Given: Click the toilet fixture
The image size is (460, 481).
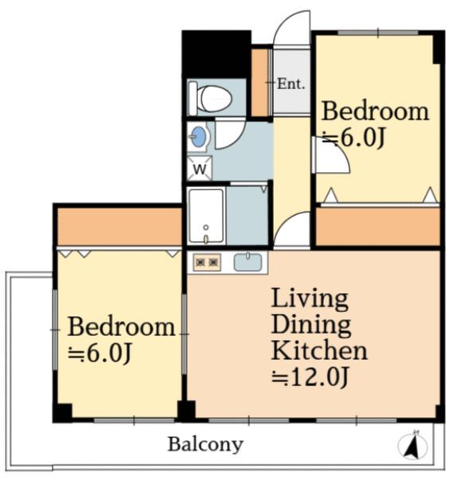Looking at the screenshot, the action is (210, 98).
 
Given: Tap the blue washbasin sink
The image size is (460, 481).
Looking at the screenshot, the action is (199, 136).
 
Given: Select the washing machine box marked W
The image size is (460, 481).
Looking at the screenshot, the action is (200, 168).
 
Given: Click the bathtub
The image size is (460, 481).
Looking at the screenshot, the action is (206, 216).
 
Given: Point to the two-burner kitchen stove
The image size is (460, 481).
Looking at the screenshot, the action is (207, 262).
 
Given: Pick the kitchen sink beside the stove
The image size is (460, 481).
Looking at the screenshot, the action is (248, 262).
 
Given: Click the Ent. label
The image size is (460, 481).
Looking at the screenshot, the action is (290, 84).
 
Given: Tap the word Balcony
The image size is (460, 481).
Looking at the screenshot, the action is (205, 444).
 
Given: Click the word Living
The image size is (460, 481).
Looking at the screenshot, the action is (310, 299).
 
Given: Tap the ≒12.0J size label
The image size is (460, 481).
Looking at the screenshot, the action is (310, 377).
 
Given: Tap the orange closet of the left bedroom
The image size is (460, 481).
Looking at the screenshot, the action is (119, 227).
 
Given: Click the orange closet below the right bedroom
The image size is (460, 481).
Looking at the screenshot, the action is (377, 226).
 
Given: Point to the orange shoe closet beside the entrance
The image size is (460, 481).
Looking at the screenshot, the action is (259, 83).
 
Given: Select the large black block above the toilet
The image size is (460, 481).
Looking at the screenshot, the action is (216, 54).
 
